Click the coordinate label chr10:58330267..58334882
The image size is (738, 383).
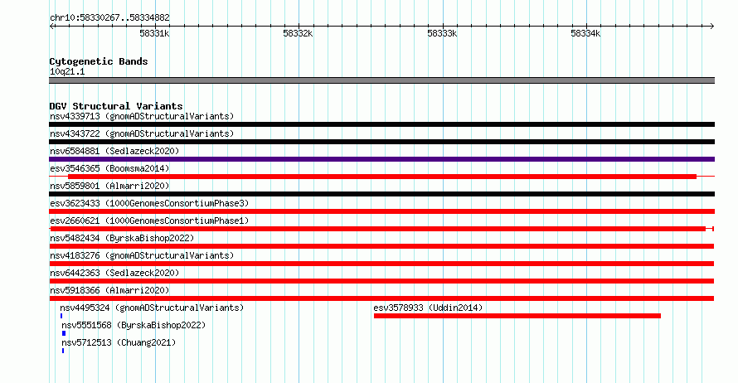[109, 18]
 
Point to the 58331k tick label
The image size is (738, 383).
[154, 33]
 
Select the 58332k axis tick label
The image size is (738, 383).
[298, 33]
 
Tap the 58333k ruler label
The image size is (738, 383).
[442, 33]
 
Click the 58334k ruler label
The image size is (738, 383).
[585, 33]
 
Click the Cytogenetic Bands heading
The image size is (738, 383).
[99, 61]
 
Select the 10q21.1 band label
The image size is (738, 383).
[67, 71]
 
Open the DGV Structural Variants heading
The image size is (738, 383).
[116, 106]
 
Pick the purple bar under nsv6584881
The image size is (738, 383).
[381, 159]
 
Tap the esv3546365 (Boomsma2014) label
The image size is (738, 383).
[109, 168]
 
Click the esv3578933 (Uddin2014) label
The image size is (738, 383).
[428, 308]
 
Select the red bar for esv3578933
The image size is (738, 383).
[517, 316]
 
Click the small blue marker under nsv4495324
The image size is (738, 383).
[61, 316]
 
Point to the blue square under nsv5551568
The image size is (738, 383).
[64, 333]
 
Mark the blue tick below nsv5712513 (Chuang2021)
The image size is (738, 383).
[63, 351]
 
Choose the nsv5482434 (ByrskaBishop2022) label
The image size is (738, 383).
[122, 238]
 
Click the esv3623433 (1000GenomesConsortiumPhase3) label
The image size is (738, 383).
[149, 203]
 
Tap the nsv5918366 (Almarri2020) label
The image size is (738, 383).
[109, 290]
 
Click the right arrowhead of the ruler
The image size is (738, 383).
[712, 26]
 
